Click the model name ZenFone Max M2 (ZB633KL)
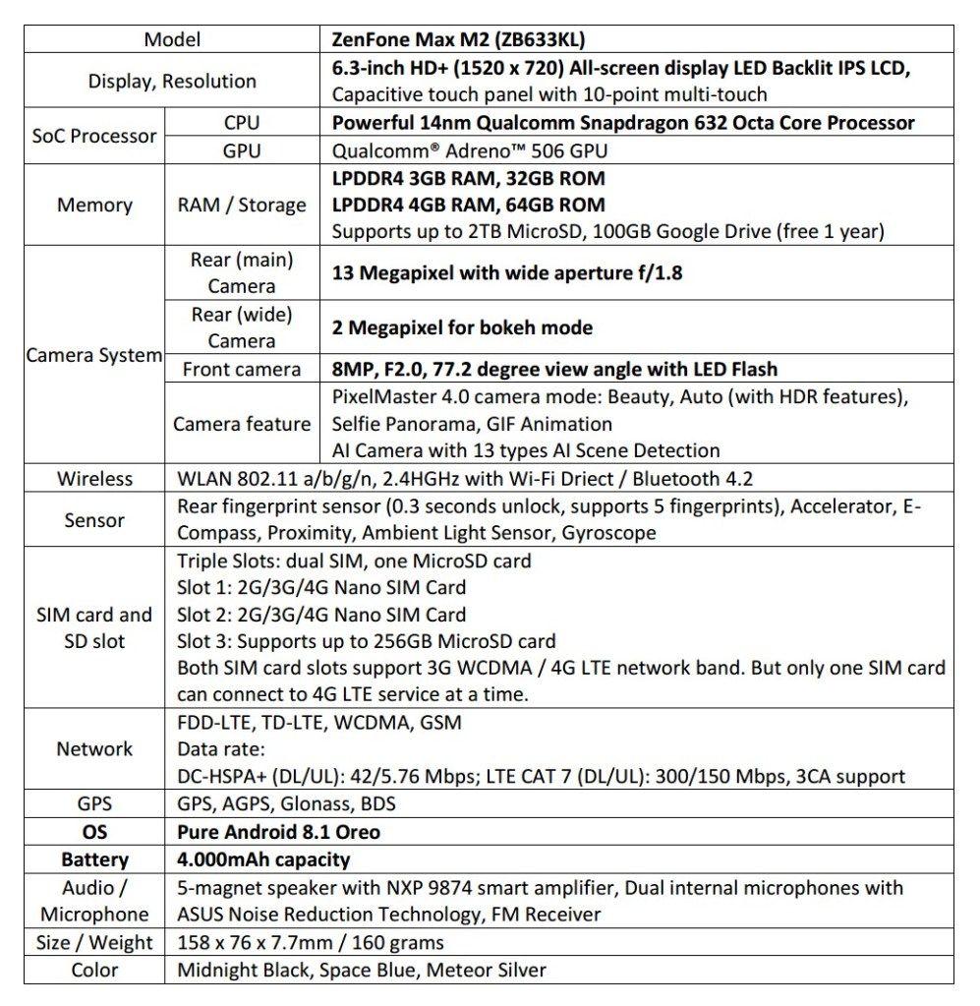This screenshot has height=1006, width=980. pos(461,39)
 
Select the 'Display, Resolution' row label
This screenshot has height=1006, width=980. pos(172,81)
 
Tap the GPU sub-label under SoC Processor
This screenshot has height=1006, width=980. pos(242,150)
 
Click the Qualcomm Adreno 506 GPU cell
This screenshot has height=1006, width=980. pos(471,150)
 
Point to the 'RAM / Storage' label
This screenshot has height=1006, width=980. pos(242,205)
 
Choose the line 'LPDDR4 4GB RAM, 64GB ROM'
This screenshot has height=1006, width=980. pos(469,205)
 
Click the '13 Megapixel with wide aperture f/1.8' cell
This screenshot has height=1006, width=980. pos(507,272)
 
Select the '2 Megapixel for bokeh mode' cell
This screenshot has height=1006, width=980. pos(462,327)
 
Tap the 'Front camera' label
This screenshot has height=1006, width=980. pos(242,369)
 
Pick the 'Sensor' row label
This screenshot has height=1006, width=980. pos(94,520)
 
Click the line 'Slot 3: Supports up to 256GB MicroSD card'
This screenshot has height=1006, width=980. pos(366,641)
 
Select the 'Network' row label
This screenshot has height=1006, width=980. pos(94,748)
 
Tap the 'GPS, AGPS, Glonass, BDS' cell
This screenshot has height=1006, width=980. pos(286,803)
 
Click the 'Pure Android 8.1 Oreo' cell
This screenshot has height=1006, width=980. pos(278,832)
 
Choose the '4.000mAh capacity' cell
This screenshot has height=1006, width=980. pos(263,859)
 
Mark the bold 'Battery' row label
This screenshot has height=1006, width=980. pos(94,859)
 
